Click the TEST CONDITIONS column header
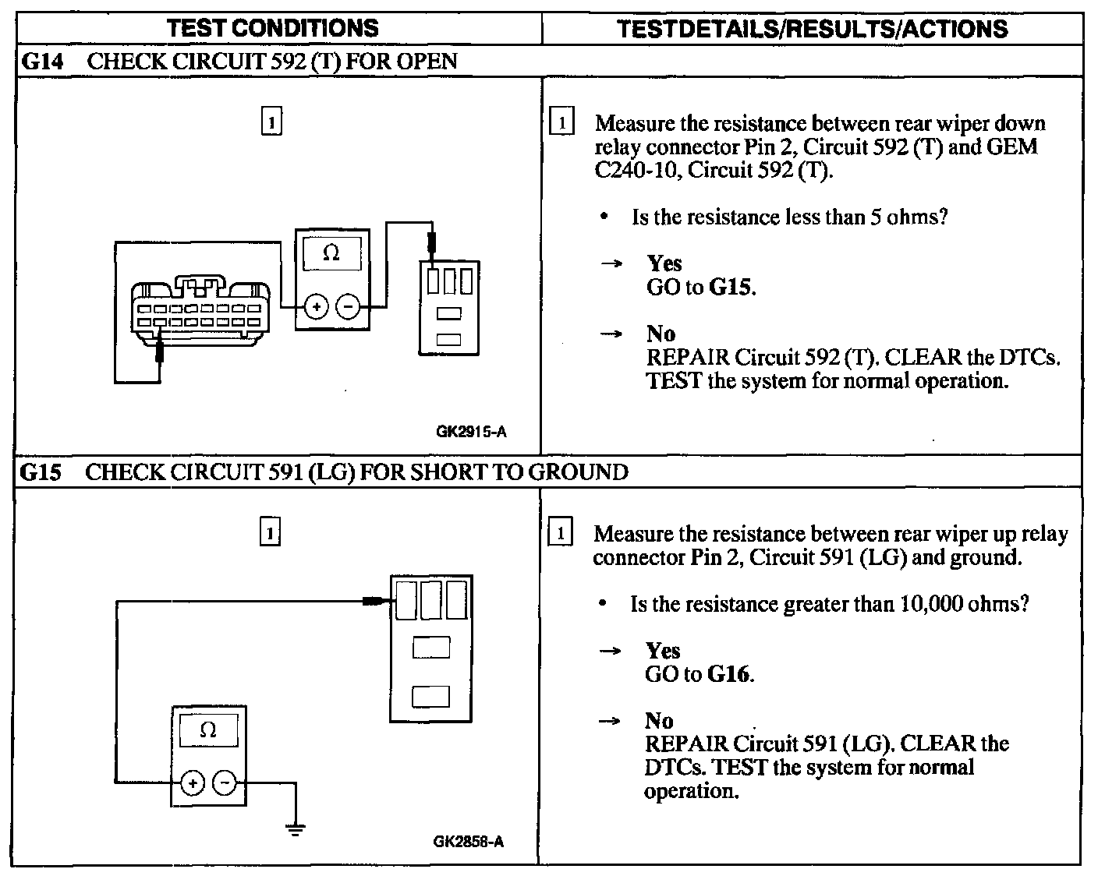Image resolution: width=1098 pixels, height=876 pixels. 272,29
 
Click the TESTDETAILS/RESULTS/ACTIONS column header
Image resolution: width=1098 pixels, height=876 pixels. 812,29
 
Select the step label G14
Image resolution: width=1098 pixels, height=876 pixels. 40,62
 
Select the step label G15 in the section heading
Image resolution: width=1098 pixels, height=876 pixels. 40,472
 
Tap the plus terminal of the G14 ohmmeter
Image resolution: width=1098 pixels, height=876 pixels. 316,306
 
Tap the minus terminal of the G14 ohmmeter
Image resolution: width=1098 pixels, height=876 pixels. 348,306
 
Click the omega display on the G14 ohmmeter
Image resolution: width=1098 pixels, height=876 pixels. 331,254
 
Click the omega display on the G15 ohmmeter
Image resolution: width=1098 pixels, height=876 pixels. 208,730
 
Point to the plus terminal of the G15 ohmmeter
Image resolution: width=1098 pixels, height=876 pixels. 192,782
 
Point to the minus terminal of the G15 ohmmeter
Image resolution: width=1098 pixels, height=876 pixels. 225,782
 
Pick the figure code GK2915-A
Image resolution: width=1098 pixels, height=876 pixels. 471,432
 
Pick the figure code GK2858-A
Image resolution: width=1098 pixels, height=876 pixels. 468,842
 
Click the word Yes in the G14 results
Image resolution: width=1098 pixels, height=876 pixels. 664,263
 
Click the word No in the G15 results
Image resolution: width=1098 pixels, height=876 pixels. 659,721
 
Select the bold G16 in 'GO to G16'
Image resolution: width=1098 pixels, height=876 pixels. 729,674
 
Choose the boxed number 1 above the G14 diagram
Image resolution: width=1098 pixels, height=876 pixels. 271,123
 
